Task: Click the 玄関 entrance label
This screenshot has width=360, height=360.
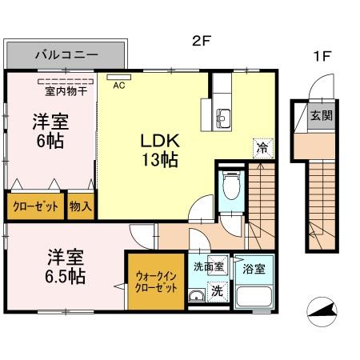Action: pyautogui.click(x=322, y=114)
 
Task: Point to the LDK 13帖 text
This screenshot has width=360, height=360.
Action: pyautogui.click(x=160, y=148)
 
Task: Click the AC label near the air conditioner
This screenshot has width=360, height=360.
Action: pyautogui.click(x=118, y=86)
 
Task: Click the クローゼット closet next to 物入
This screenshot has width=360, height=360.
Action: pyautogui.click(x=36, y=206)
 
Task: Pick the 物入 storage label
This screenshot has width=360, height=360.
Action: pyautogui.click(x=80, y=206)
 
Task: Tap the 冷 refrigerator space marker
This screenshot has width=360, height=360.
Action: pyautogui.click(x=261, y=146)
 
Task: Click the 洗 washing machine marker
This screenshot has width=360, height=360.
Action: pyautogui.click(x=217, y=293)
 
